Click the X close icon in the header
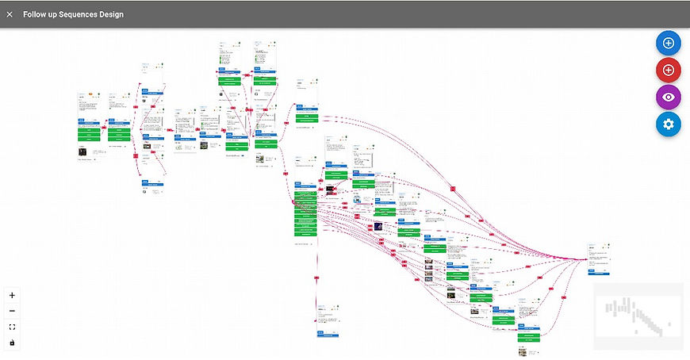coord(10,14)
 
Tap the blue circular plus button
coord(669,43)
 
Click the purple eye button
coord(669,97)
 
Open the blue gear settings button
coord(669,124)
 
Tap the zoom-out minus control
coord(12,311)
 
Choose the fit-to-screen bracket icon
coord(12,327)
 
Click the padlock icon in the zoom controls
coord(12,343)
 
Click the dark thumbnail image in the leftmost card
coord(82,151)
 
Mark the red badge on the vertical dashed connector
coord(317,277)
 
